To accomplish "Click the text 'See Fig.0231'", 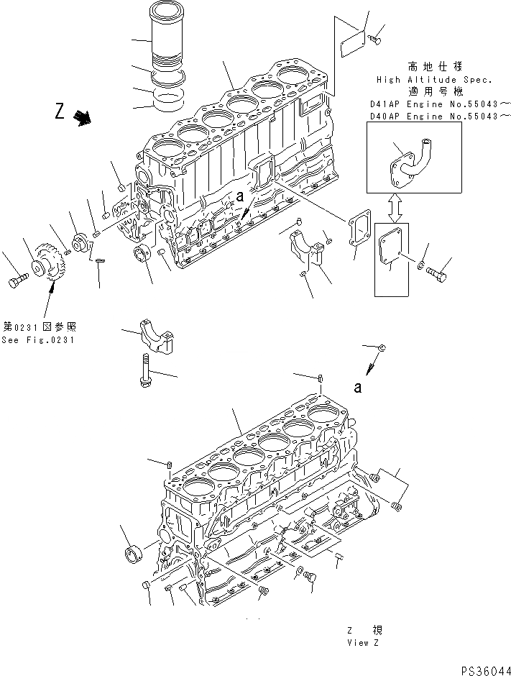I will click(37, 340).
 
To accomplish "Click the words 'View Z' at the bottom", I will click(362, 642).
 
